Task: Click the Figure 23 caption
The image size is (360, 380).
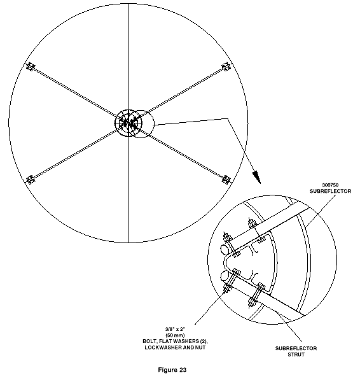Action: tap(172, 370)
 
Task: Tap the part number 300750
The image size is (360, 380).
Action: tap(330, 185)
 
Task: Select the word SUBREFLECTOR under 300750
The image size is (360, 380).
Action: tap(330, 191)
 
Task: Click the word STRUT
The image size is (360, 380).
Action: tap(296, 355)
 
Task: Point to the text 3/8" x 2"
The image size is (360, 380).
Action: tap(175, 329)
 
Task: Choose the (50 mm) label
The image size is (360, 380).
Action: tap(175, 335)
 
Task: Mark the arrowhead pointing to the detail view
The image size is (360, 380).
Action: tap(257, 177)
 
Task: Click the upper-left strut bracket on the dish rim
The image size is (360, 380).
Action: tap(31, 66)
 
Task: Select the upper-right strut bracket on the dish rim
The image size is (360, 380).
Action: tap(226, 66)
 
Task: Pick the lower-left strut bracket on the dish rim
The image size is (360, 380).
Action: tap(31, 179)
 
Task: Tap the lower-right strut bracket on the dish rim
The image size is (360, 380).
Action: tap(226, 179)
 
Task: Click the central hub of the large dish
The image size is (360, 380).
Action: tap(128, 123)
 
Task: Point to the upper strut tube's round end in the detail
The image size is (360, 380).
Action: tap(225, 250)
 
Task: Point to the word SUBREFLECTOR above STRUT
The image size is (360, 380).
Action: tap(296, 349)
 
